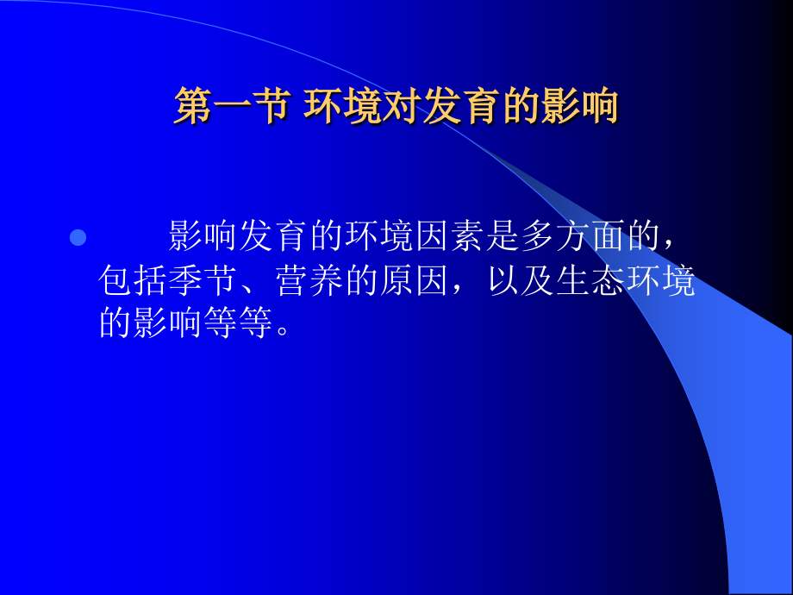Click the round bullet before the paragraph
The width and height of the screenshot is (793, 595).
tap(78, 237)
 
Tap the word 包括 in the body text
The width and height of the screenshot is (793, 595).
tap(134, 282)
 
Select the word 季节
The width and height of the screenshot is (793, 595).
tap(204, 282)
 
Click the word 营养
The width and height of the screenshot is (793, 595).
tap(309, 282)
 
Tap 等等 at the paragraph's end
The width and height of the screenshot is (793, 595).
tap(240, 325)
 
